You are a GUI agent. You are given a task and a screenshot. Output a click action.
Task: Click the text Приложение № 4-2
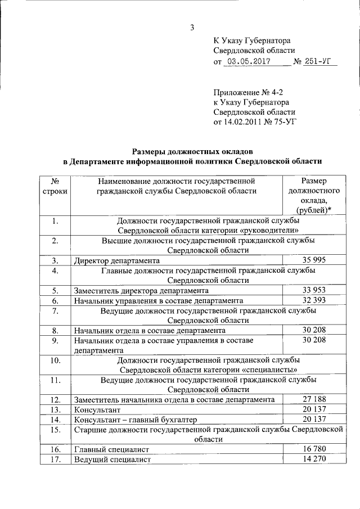245,92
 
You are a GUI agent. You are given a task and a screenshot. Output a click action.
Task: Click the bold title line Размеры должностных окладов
192,151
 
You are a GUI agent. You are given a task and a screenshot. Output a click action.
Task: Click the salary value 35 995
314,260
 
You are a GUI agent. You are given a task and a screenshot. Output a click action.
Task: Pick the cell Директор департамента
117,260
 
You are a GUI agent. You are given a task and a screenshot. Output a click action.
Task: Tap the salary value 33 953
314,290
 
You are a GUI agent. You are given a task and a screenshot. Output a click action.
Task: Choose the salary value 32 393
314,300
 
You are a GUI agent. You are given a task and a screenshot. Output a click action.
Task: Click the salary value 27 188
314,399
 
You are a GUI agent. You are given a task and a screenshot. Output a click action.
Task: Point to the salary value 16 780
314,449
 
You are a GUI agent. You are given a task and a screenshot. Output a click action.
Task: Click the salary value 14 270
314,459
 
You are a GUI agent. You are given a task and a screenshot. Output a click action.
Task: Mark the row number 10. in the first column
55,359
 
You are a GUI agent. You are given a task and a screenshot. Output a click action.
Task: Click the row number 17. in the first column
55,459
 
